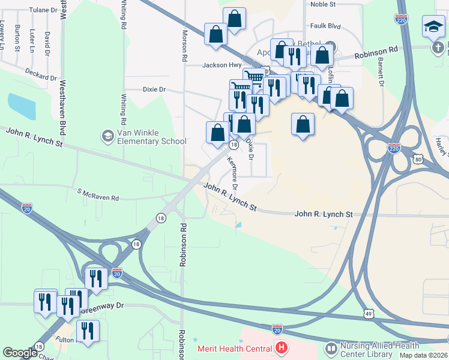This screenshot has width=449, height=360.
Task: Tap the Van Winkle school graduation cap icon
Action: (x=107, y=136)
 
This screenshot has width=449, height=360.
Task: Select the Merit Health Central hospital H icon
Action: (x=281, y=347)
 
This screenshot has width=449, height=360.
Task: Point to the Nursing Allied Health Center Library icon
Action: (x=331, y=349)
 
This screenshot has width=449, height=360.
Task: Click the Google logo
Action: (x=20, y=353)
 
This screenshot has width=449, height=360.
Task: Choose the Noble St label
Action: (x=322, y=4)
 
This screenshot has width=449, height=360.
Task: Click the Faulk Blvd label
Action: (x=325, y=26)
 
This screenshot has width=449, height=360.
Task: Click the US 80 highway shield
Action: (x=418, y=158)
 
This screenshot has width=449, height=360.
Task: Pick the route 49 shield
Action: (x=369, y=313)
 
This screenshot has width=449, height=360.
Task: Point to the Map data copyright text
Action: (x=424, y=355)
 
